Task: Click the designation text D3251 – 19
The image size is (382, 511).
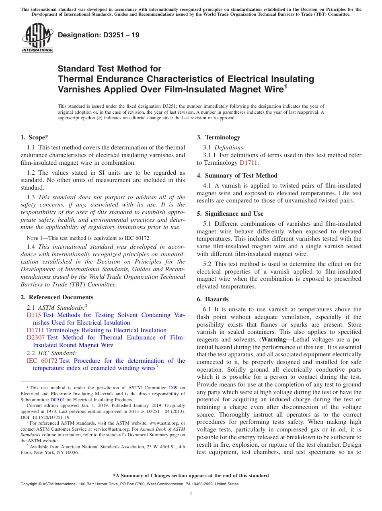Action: coord(99,35)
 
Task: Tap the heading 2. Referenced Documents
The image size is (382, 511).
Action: coord(57,297)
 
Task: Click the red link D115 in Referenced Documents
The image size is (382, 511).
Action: coord(33,315)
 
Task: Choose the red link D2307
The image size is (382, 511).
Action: coord(35,337)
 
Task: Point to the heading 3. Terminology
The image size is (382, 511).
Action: coord(218,137)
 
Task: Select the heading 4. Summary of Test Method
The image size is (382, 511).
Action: coord(237,176)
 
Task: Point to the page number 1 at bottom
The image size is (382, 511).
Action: coord(191,494)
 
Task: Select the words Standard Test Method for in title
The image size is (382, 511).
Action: coord(109,69)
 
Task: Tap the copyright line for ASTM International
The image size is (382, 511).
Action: coord(129,484)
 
